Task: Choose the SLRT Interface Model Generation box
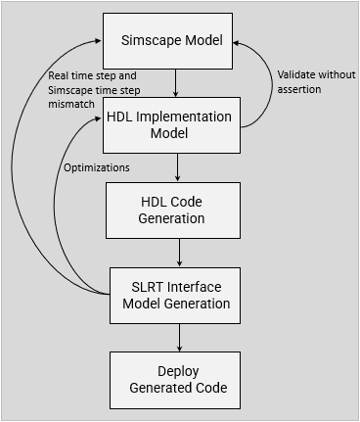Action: point(177,295)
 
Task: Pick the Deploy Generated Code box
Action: point(177,380)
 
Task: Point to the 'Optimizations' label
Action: point(97,167)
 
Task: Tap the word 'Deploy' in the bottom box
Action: point(178,372)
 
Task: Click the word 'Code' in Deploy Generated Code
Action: point(209,388)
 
